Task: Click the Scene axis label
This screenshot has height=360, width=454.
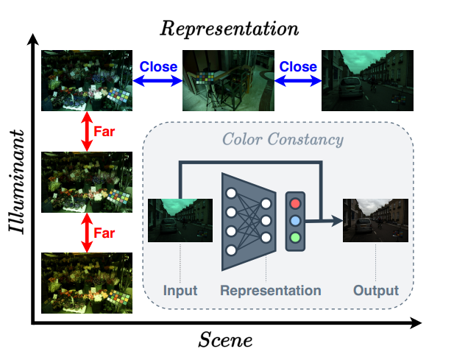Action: tap(226, 340)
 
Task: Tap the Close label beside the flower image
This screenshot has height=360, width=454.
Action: tap(158, 66)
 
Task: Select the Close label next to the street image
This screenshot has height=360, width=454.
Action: tap(297, 66)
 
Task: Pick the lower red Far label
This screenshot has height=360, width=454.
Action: tap(104, 233)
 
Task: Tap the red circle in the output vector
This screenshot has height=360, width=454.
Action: tap(296, 202)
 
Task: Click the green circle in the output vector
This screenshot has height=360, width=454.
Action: tap(296, 237)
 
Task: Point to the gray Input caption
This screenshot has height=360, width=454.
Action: tap(180, 290)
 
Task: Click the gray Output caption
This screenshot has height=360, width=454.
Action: tap(375, 290)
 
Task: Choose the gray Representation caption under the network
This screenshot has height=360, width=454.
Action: tap(270, 290)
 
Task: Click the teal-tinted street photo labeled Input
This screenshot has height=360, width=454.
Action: tap(176, 220)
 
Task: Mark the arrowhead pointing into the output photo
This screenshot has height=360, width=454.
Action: tap(338, 219)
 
